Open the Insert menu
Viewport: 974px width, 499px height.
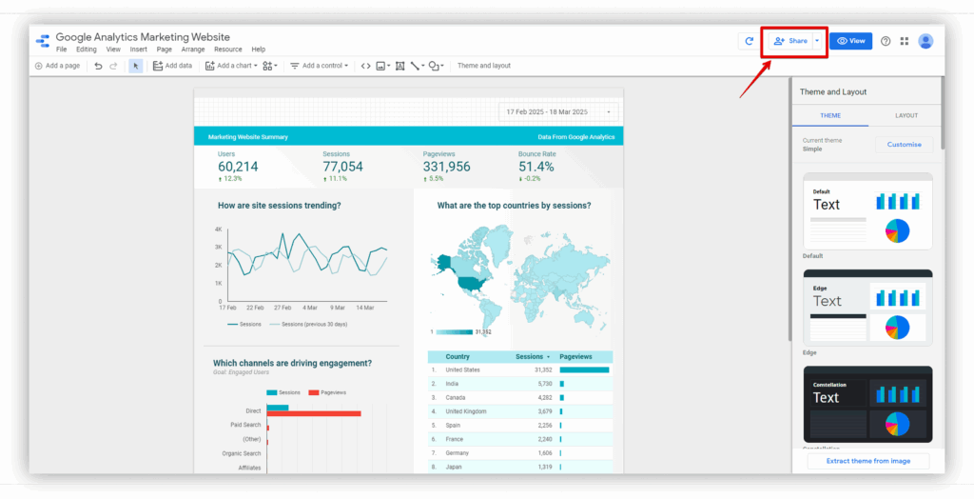click(139, 50)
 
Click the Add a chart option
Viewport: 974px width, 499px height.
click(232, 66)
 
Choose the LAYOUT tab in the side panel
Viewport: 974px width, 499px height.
click(906, 115)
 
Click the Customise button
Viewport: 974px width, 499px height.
click(904, 145)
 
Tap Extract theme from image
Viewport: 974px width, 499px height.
click(867, 461)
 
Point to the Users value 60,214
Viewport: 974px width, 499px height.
click(238, 167)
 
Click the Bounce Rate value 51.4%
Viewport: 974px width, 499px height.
click(536, 167)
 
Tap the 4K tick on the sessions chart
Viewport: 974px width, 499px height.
click(218, 230)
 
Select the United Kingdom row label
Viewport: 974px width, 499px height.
click(466, 411)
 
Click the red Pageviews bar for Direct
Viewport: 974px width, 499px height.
click(314, 413)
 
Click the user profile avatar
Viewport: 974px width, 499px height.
click(925, 41)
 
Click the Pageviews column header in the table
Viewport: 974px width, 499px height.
click(575, 356)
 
